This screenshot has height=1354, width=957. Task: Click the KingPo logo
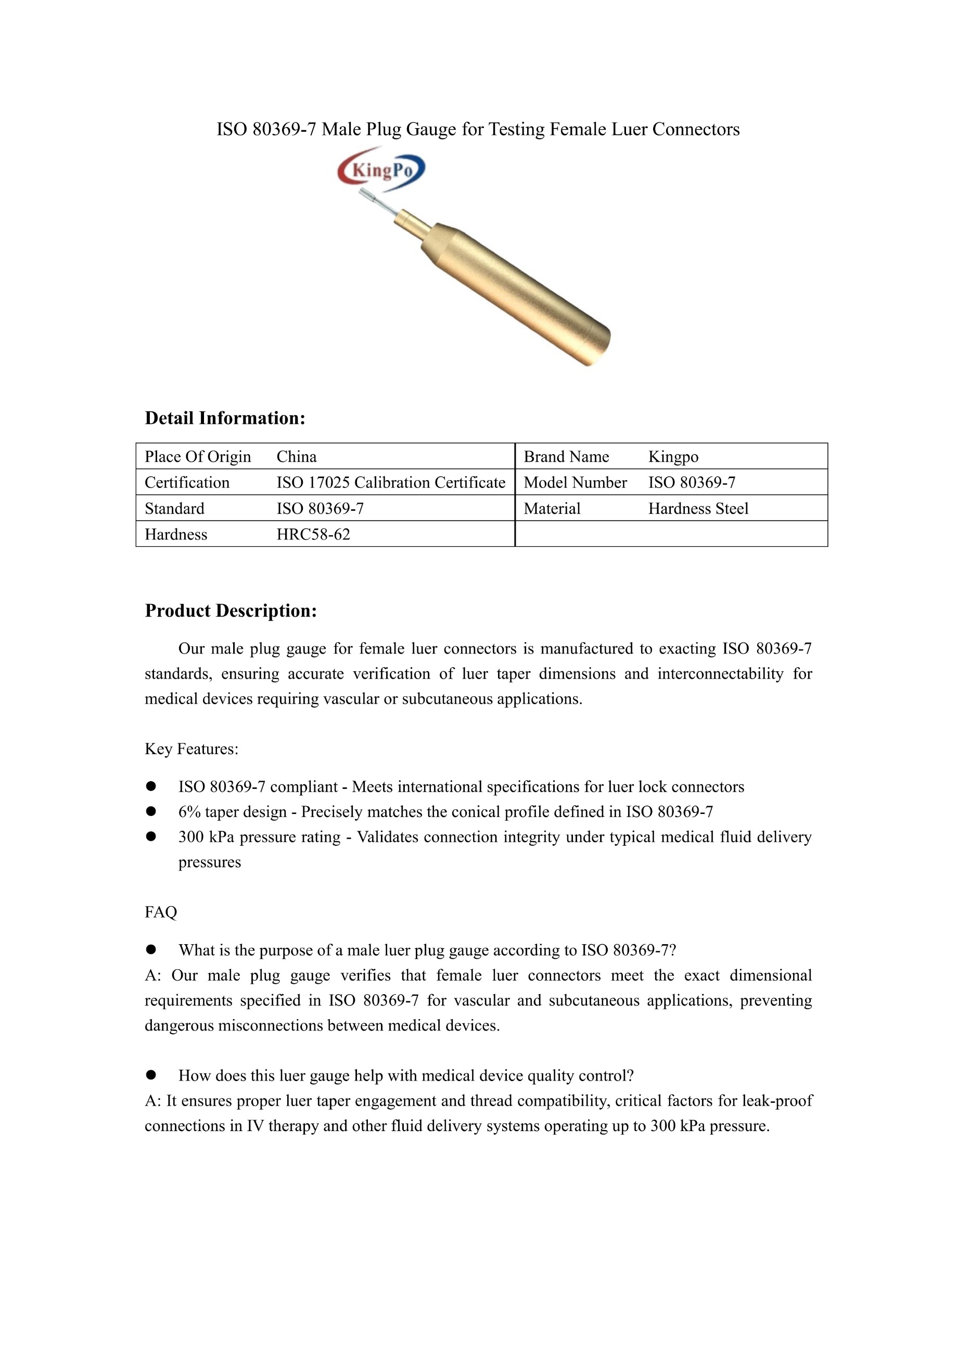381,170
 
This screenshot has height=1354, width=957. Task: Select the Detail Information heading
225,418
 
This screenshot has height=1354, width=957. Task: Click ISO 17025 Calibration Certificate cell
391,482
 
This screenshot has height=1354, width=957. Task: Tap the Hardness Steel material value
698,508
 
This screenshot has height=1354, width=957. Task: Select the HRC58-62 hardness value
313,534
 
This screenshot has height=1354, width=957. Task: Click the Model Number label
575,482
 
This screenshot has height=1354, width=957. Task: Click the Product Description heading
231,610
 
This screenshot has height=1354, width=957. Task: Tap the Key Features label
192,749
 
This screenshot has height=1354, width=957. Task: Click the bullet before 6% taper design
151,811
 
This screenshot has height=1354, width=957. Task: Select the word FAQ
160,912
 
